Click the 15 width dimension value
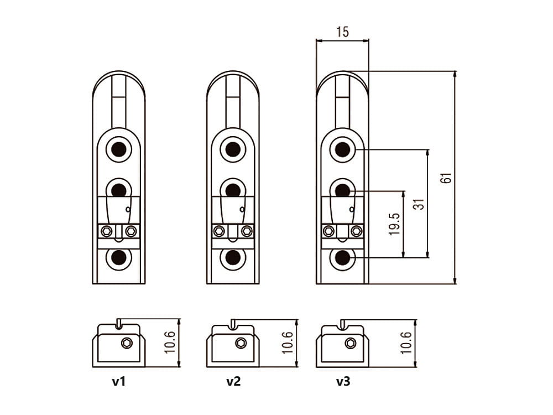tap(342, 32)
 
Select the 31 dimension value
tap(420, 204)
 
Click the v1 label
tap(119, 381)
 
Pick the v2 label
tap(233, 381)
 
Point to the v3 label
tap(343, 381)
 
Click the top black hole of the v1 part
tap(118, 149)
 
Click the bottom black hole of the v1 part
tap(118, 257)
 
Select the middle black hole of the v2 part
tap(233, 190)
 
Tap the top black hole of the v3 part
tap(342, 149)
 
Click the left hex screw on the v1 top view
tap(107, 231)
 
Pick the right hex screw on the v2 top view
tap(246, 231)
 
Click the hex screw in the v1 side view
tap(127, 343)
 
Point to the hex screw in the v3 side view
tap(350, 343)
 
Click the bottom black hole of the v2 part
tap(233, 257)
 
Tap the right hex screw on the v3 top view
tap(356, 231)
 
